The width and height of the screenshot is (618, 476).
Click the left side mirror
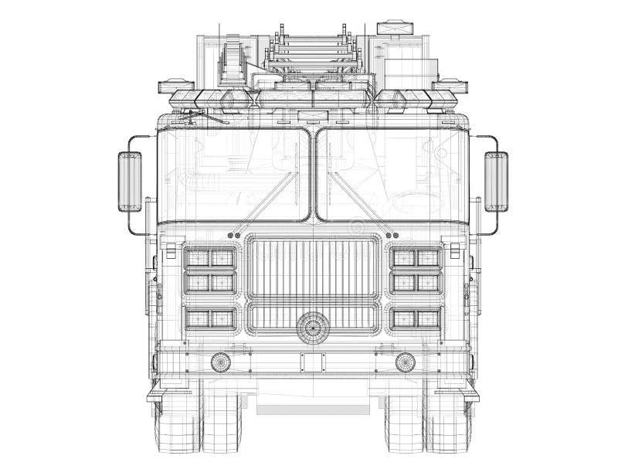130,182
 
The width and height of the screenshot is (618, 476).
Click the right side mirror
496,182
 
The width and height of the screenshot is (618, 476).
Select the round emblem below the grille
313,327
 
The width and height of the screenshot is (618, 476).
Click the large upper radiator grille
313,267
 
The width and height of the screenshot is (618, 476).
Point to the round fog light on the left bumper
221,362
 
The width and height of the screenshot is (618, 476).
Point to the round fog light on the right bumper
405,362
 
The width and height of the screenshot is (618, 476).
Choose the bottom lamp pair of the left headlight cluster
210,318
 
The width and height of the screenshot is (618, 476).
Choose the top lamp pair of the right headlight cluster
416,258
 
